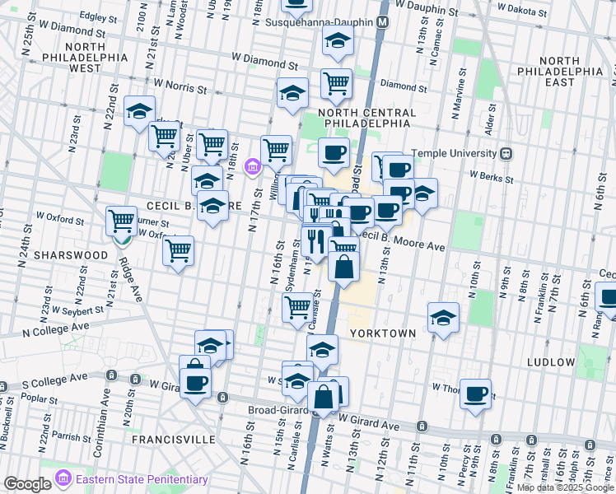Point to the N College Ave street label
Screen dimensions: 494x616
[x=56, y=327]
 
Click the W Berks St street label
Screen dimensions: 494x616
[x=486, y=175]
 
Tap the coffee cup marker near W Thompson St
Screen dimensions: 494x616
[x=475, y=394]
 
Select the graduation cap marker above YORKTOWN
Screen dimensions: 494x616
[x=443, y=317]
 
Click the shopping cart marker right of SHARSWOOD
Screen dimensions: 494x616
[x=178, y=250]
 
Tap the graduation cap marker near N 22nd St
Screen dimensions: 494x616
[x=139, y=110]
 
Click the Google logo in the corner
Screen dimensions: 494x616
[x=27, y=484]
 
